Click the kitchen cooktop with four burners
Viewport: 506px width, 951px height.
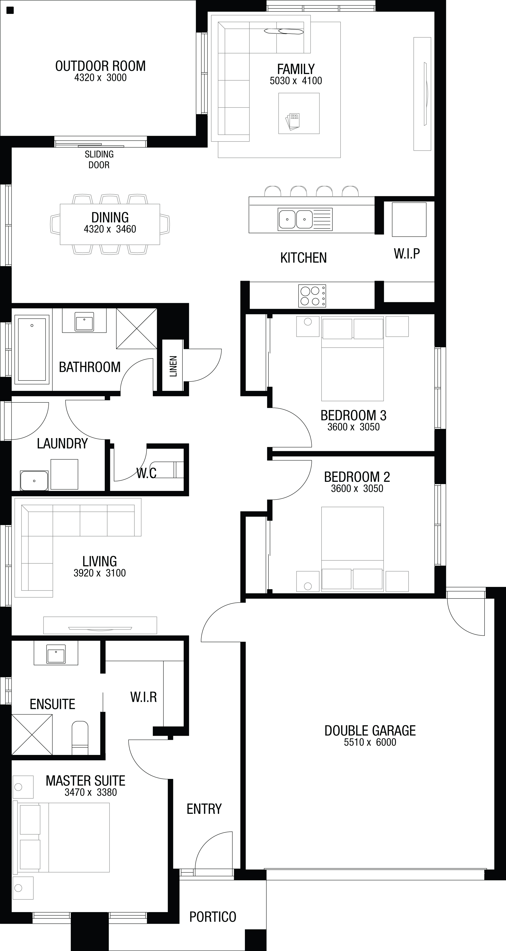312,296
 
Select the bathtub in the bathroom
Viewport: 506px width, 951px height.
32,349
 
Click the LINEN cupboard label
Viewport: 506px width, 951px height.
173,366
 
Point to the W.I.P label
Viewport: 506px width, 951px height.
407,254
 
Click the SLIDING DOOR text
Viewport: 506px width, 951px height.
99,159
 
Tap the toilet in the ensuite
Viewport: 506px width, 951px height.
80,738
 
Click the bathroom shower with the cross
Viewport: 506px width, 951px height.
136,328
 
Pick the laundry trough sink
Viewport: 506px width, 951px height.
34,480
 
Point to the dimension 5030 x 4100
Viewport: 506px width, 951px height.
296,81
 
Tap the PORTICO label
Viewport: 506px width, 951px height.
213,916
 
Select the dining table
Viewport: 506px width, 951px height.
110,224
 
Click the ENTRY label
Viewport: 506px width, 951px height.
204,809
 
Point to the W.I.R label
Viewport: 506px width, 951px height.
143,697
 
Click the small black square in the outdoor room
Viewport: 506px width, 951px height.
10,10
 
